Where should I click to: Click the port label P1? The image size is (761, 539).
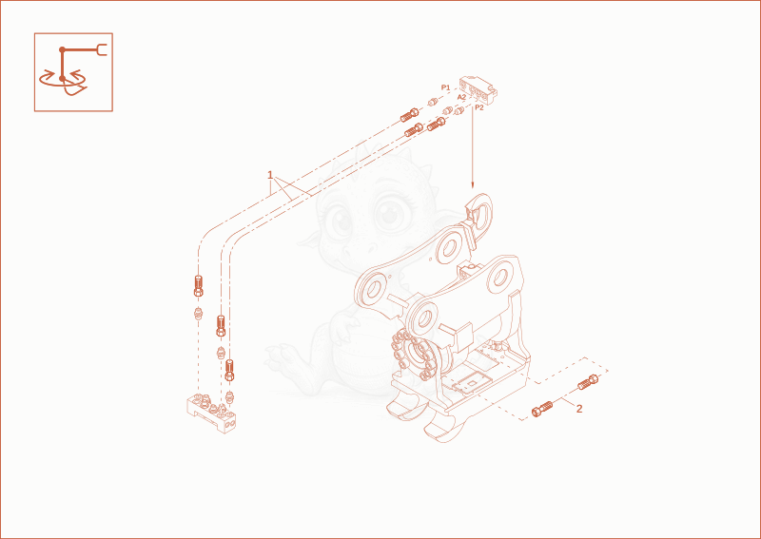(445, 87)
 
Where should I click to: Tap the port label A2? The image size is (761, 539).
(461, 97)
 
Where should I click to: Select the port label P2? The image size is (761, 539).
(479, 107)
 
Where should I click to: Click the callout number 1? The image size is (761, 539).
(270, 175)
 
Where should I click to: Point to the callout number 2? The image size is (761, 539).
(579, 409)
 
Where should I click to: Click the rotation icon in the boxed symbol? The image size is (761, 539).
(63, 80)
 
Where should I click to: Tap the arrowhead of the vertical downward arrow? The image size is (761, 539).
(472, 184)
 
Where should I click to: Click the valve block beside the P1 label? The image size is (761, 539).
(478, 89)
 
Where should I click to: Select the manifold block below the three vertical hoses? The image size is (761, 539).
(211, 413)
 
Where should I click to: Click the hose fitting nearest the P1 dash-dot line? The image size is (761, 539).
(410, 115)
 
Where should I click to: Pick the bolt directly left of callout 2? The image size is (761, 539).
(542, 409)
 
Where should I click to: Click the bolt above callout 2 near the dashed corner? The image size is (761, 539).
(588, 382)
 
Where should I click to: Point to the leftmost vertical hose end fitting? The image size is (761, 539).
(198, 285)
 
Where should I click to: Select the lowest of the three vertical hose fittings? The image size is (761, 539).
(230, 370)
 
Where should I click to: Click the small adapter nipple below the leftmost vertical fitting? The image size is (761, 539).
(198, 313)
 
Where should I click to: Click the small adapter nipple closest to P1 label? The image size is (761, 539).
(434, 103)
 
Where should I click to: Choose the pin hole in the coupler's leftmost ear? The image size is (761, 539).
(372, 290)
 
